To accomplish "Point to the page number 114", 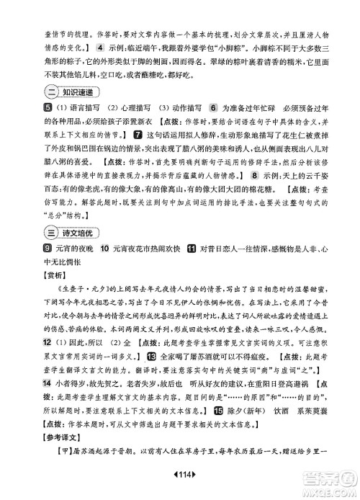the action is pos(180,483).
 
